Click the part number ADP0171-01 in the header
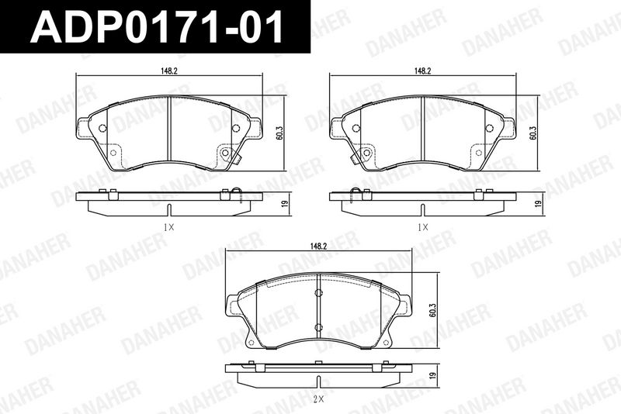(157, 26)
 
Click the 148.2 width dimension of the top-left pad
(168, 71)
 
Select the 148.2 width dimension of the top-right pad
(422, 71)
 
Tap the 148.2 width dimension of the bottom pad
(318, 246)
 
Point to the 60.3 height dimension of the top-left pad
(279, 133)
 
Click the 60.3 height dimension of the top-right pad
(533, 133)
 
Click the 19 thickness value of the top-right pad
(538, 204)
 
